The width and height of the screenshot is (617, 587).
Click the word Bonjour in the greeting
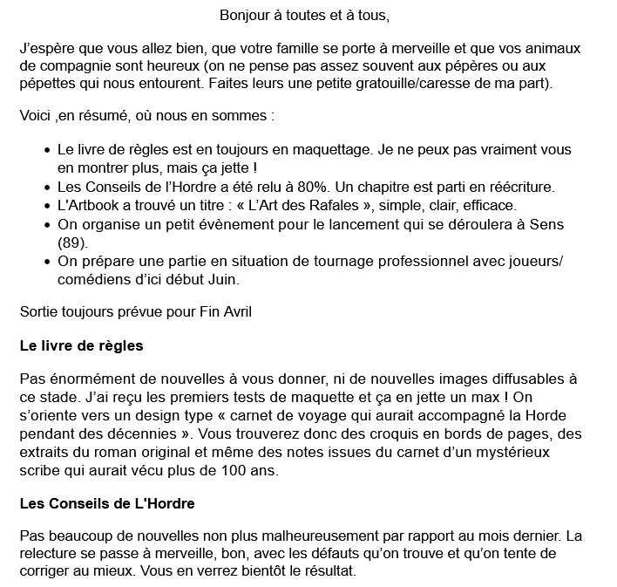click(x=244, y=15)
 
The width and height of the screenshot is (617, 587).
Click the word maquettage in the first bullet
click(x=329, y=150)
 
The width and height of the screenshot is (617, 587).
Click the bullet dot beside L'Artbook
click(x=47, y=206)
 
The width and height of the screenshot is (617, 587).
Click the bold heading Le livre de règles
click(x=81, y=345)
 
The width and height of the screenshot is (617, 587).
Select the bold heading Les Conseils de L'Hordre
click(x=106, y=504)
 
